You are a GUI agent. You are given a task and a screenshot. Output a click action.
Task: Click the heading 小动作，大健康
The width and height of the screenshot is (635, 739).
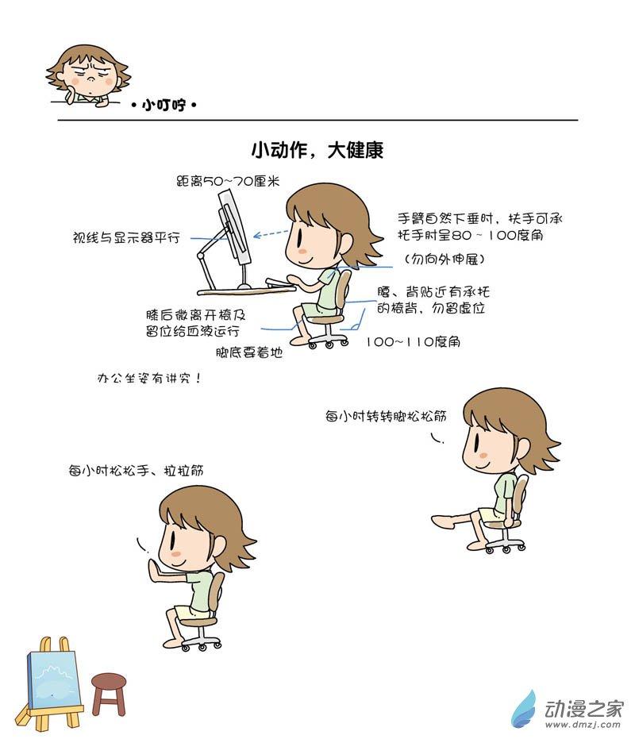[317, 150]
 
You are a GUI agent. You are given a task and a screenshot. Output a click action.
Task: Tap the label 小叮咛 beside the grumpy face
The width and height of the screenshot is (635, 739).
[164, 105]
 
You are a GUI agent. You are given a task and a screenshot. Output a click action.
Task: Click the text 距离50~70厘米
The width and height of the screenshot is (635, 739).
[228, 181]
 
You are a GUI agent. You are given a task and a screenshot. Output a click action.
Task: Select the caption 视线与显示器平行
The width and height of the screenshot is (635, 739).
[126, 237]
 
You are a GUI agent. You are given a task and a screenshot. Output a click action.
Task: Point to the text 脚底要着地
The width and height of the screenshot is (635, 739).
[249, 352]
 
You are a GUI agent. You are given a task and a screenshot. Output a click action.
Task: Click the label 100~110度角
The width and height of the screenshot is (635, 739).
[413, 341]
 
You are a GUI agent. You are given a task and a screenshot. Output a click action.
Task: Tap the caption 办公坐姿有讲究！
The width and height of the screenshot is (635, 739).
[149, 378]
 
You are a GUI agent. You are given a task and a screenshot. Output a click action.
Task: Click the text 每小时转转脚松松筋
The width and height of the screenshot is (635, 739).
[386, 416]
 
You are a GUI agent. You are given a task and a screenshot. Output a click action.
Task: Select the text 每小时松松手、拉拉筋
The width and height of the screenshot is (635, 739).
[136, 471]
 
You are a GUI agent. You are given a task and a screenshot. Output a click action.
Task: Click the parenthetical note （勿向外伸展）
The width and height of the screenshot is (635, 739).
[445, 259]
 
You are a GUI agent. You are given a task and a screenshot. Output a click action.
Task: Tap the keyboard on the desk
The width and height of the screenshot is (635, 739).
[280, 283]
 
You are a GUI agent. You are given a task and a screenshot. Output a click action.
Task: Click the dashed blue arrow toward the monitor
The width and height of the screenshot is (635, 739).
[271, 233]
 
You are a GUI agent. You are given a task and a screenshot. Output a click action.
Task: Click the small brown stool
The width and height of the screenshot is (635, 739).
[109, 694]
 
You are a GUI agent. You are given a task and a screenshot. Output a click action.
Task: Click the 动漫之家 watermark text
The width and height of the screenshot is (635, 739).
[584, 708]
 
